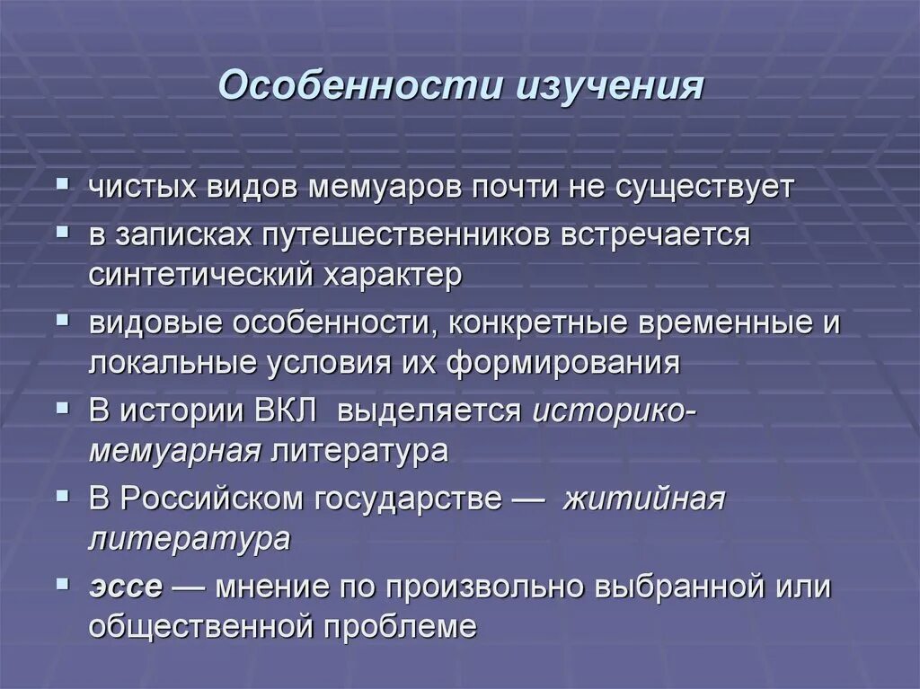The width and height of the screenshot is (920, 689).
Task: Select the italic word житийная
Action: pos(643,499)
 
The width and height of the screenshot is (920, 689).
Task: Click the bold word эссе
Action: pos(125,587)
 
